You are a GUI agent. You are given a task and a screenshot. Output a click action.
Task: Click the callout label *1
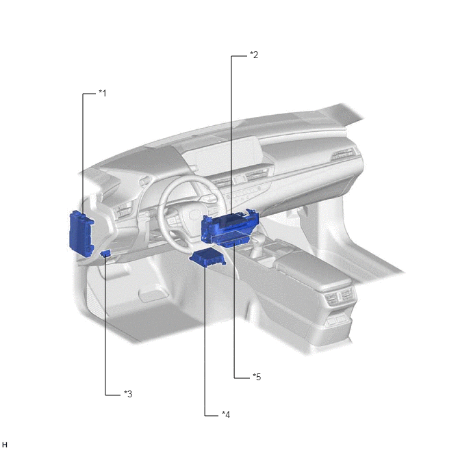click(x=103, y=93)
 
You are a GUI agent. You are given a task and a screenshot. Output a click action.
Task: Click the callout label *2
click(x=254, y=55)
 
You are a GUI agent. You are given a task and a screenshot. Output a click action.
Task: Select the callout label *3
click(x=128, y=394)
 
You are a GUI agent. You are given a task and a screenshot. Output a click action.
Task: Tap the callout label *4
click(x=226, y=414)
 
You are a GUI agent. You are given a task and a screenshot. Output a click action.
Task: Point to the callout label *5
click(x=257, y=377)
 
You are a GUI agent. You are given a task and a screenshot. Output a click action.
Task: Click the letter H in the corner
click(x=5, y=445)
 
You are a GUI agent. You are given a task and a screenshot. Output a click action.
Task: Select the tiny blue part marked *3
click(x=105, y=253)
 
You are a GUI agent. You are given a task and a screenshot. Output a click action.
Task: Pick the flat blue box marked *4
click(x=207, y=258)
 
